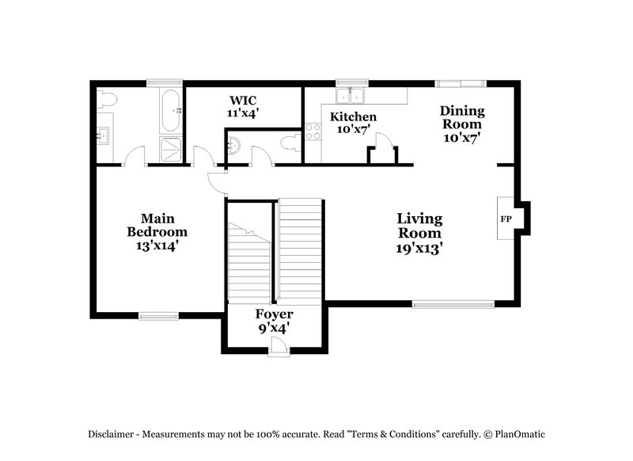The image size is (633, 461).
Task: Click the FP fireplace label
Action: click(x=504, y=218)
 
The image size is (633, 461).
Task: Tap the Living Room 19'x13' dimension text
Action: click(x=419, y=248)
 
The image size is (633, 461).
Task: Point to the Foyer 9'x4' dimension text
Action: click(x=274, y=328)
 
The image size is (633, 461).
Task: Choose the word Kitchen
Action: click(x=353, y=117)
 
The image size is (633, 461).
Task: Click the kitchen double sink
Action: click(x=350, y=96)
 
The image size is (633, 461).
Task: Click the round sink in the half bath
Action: click(x=235, y=146)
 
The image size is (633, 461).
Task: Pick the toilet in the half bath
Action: click(x=290, y=143)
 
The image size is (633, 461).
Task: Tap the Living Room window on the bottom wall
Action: click(x=453, y=303)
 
